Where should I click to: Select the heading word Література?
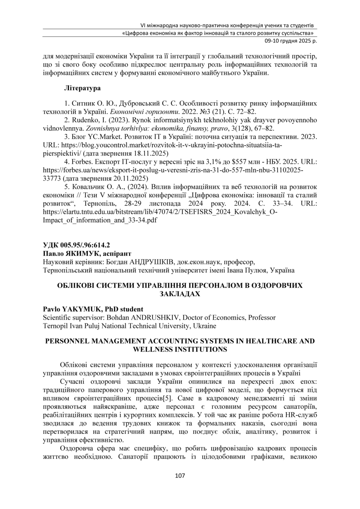[x=83, y=88]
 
